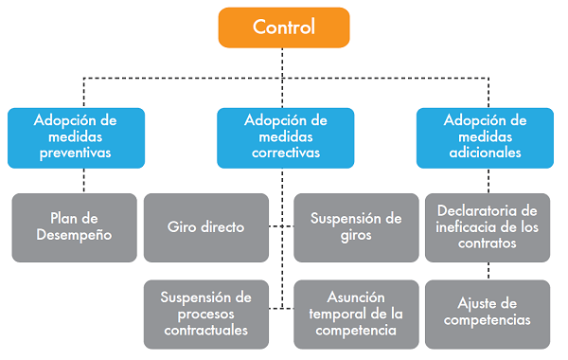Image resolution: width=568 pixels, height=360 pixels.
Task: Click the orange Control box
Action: pyautogui.click(x=283, y=27)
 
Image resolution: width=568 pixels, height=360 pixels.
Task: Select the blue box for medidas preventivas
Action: pyautogui.click(x=76, y=136)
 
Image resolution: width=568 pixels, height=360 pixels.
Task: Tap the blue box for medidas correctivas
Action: pyautogui.click(x=285, y=136)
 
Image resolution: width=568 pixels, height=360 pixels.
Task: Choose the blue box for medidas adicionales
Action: pyautogui.click(x=486, y=136)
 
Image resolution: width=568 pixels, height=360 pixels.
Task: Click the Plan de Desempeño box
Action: pyautogui.click(x=76, y=227)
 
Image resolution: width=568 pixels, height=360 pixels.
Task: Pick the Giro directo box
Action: pyautogui.click(x=205, y=227)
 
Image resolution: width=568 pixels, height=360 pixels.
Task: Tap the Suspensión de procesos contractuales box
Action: pyautogui.click(x=205, y=314)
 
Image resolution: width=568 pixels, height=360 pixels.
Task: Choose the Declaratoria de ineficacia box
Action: pyautogui.click(x=486, y=227)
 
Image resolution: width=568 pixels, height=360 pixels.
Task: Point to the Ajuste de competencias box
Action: pyautogui.click(x=486, y=312)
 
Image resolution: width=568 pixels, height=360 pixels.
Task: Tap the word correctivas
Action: pyautogui.click(x=285, y=153)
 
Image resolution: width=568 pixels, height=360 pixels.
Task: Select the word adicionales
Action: pyautogui.click(x=486, y=153)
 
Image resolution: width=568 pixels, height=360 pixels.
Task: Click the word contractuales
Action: pyautogui.click(x=205, y=331)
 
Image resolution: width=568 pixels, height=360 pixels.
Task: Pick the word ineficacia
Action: pyautogui.click(x=466, y=227)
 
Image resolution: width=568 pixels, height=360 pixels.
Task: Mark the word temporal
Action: pyautogui.click(x=338, y=314)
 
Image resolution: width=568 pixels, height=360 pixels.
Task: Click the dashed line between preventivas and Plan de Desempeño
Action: pyautogui.click(x=83, y=181)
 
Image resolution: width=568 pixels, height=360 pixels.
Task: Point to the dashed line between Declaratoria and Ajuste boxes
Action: pyautogui.click(x=486, y=271)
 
